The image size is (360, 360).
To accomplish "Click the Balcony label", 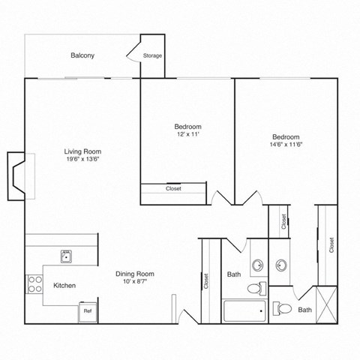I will tap(82, 55).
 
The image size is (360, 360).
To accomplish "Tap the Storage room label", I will tap(152, 55).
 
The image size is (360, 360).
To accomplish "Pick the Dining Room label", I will tap(135, 274).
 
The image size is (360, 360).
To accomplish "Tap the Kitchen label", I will tap(64, 286).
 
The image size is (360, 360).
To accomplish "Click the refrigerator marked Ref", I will tap(87, 310).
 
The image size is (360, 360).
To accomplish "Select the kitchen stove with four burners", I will tap(34, 283).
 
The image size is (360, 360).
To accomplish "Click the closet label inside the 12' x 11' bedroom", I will tap(173, 188).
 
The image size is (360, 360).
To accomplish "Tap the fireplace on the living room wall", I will tap(16, 177).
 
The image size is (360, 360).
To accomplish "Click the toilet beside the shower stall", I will tap(283, 307).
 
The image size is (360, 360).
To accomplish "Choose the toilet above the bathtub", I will tap(255, 287).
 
